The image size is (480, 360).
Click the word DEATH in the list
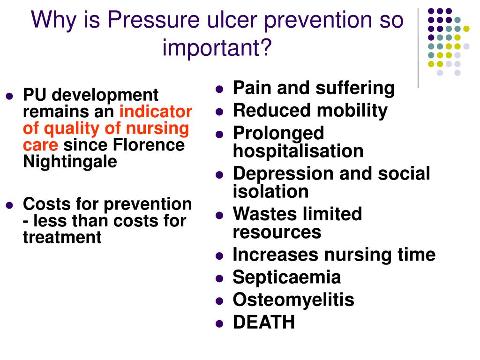coord(264,322)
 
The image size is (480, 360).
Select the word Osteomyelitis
coord(293,300)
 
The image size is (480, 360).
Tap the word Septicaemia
coord(287,277)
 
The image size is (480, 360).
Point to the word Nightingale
coord(70,162)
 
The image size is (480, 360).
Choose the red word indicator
coord(156,112)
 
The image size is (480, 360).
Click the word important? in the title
coord(217,47)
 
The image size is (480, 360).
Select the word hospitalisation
coord(298,151)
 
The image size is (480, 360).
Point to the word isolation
coord(271,191)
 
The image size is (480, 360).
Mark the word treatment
coord(62,237)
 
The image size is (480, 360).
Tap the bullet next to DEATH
coord(219,323)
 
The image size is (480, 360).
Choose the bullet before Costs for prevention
coord(9,205)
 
